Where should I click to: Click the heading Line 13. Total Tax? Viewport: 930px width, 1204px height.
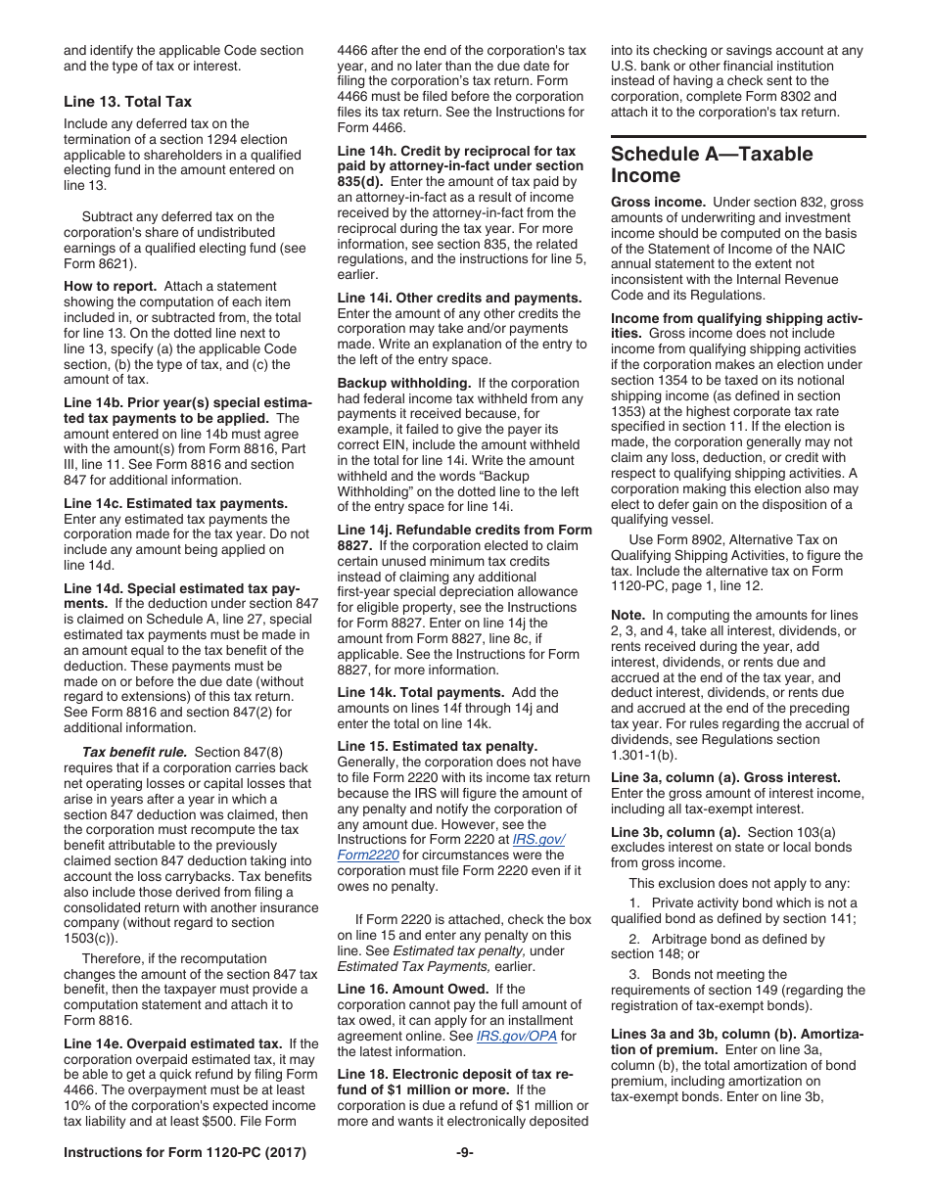pyautogui.click(x=127, y=102)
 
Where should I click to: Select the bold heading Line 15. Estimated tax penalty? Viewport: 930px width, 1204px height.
pyautogui.click(x=437, y=746)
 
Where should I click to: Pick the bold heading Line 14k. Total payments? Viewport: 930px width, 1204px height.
pyautogui.click(x=421, y=692)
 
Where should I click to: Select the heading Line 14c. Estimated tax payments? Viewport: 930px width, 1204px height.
pyautogui.click(x=175, y=503)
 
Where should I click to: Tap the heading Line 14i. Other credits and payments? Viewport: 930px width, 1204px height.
pyautogui.click(x=459, y=298)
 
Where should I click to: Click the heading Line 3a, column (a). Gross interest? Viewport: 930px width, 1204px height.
pyautogui.click(x=725, y=777)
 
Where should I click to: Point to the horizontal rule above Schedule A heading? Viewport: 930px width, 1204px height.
pyautogui.click(x=738, y=136)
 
